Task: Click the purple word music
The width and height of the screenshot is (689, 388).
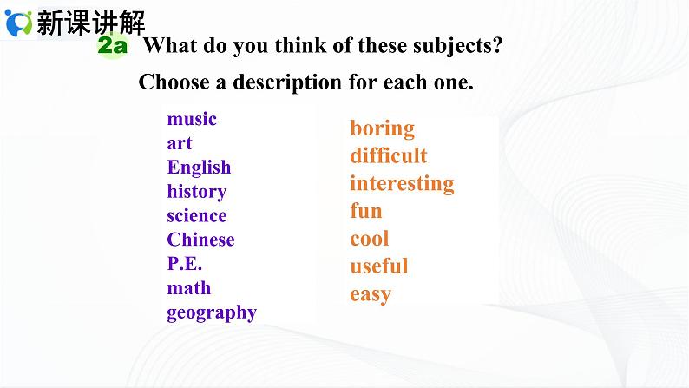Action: pos(192,119)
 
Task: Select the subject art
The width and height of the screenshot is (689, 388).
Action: pos(180,143)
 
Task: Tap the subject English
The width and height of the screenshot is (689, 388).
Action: pos(199,168)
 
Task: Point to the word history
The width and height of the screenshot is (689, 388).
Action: pos(197,192)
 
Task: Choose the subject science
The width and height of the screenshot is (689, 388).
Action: pos(197,216)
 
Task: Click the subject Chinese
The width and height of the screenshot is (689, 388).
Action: pos(200,240)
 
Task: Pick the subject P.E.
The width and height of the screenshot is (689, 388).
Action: pos(185,264)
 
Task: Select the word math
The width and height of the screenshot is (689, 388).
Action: pos(189,288)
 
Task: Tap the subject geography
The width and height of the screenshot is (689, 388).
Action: pos(212,312)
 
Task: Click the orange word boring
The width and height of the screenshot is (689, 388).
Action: pos(382,128)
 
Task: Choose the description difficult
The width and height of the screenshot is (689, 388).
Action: pos(389,156)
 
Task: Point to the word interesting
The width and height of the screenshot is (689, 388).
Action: pos(402,184)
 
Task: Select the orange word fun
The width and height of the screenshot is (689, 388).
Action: pos(366,211)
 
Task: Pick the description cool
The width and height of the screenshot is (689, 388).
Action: pos(370,239)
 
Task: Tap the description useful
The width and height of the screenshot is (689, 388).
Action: pos(378,266)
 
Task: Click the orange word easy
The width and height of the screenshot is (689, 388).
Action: pos(371,294)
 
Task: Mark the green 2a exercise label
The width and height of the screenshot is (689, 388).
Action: pos(113,46)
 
